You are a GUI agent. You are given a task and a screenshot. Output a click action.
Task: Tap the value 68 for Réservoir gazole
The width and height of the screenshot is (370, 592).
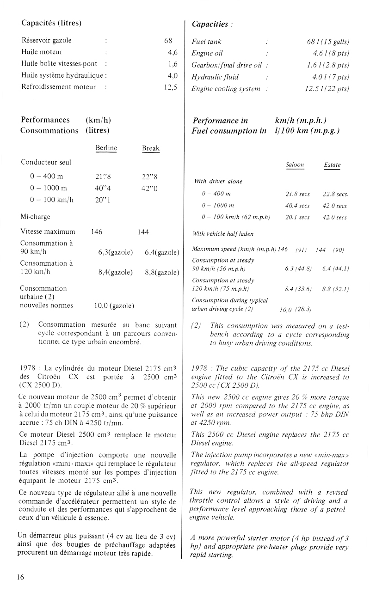[168, 41]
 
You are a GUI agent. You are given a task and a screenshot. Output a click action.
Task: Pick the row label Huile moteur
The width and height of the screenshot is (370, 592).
[42, 52]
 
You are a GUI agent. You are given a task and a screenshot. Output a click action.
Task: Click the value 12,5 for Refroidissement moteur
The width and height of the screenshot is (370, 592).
[171, 87]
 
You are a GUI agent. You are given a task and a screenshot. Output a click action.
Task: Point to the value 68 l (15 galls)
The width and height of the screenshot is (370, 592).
[328, 42]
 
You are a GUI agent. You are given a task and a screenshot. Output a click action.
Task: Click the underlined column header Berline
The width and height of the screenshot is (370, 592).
[106, 148]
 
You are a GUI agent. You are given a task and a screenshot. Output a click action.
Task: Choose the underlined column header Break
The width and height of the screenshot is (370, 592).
[151, 148]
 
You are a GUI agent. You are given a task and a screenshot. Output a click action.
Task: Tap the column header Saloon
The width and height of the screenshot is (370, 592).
[295, 165]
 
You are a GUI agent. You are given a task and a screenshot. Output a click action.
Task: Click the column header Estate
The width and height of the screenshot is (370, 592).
[332, 165]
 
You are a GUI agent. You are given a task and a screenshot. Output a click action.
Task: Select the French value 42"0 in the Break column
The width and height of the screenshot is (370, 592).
[150, 188]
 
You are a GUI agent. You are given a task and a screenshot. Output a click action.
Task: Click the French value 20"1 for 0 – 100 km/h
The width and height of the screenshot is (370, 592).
[102, 200]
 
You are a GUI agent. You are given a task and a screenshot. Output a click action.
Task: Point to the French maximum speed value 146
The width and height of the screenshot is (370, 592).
[97, 232]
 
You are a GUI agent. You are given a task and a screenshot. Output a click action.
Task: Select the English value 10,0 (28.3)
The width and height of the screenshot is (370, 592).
[296, 309]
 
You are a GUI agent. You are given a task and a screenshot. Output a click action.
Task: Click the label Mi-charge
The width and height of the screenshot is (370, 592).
[36, 216]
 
